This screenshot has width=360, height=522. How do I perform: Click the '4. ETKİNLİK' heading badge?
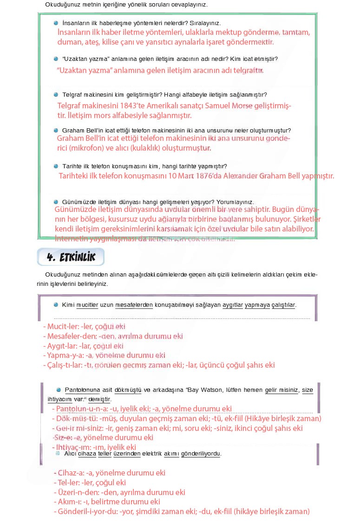pos(71,257)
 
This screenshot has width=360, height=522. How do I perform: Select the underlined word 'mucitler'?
pos(87,305)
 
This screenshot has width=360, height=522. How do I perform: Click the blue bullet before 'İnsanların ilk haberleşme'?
pos(56,23)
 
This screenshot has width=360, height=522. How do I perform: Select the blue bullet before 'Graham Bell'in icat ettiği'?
pos(56,131)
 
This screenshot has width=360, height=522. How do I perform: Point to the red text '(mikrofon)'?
pos(92,148)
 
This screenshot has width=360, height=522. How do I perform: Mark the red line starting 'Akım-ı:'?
pos(107,502)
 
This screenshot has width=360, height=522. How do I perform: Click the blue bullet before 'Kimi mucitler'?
pos(56,305)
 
